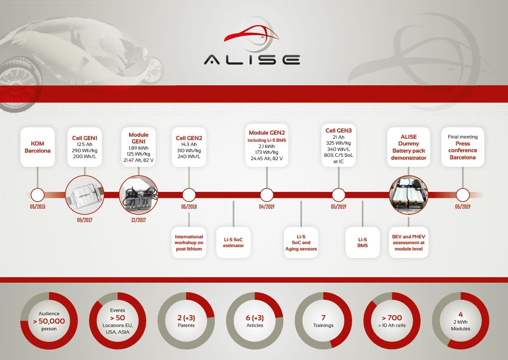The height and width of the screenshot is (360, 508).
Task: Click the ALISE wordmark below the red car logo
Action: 252,59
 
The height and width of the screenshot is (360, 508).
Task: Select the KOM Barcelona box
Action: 38,147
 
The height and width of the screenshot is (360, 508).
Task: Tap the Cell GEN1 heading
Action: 84,138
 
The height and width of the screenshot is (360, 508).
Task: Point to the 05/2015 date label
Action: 38,207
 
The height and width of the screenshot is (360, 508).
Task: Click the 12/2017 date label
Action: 138,220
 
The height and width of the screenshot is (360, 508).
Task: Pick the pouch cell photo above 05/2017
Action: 84,195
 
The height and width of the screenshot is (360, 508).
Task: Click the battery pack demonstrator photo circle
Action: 409,195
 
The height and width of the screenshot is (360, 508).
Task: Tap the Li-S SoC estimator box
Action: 233,243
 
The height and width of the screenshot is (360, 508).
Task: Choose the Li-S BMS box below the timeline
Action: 363,243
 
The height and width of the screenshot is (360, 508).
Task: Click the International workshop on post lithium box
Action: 189,243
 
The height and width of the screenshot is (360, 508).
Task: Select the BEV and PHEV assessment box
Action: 409,243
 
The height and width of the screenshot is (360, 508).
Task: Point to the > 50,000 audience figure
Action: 49,321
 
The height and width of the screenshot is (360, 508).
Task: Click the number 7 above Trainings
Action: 323,318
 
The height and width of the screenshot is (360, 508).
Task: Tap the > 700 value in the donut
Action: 392,318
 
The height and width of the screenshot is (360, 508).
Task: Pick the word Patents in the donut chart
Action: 186,325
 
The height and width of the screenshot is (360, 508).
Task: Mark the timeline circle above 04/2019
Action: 267,195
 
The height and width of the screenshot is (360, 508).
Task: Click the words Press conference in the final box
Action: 462,147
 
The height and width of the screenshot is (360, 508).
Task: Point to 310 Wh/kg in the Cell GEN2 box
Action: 189,151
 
